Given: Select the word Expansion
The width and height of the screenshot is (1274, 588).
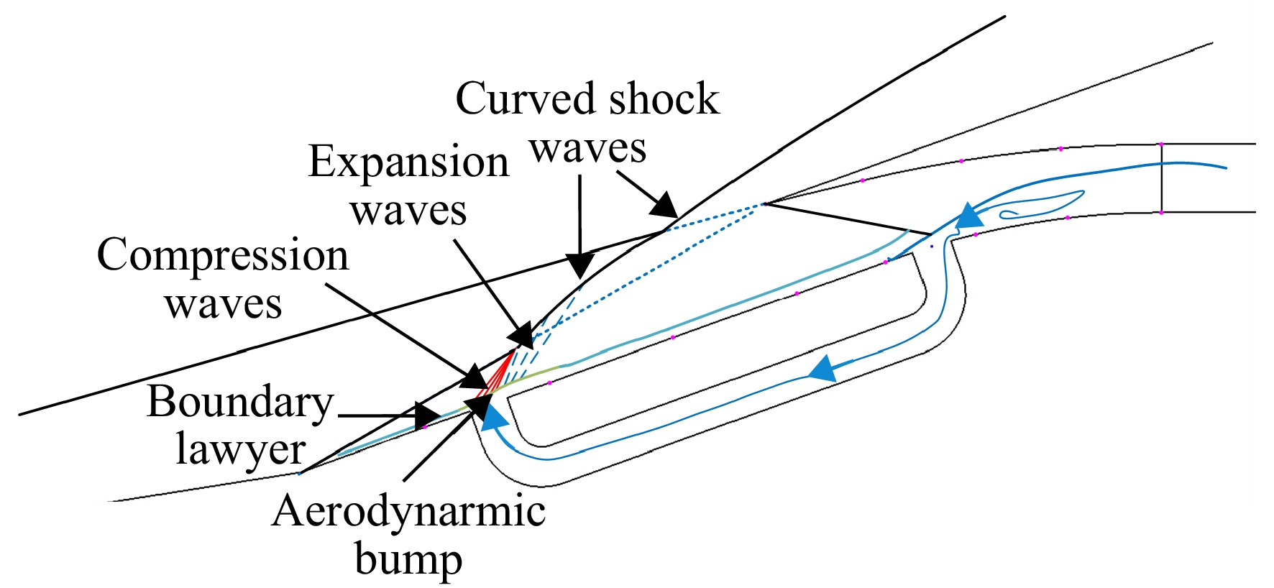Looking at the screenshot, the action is click(408, 163).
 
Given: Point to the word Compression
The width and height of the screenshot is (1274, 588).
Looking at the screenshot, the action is click(223, 257).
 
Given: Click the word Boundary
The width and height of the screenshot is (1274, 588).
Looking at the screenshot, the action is click(241, 402).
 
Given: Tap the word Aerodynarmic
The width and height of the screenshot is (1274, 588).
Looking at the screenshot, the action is click(408, 513).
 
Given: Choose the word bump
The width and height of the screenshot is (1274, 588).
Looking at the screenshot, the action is click(408, 559).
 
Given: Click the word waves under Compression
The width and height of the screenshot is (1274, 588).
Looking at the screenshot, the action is click(223, 305).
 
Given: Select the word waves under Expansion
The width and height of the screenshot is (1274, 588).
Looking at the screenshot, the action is click(408, 212).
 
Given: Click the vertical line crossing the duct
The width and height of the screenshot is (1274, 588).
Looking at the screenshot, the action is click(1161, 178).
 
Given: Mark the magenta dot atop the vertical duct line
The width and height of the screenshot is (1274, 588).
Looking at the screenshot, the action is click(1161, 144).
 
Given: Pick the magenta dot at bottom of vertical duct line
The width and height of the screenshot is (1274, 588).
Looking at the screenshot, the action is click(1161, 213).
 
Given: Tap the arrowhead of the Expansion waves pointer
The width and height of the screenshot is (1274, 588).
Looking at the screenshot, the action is click(522, 336).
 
